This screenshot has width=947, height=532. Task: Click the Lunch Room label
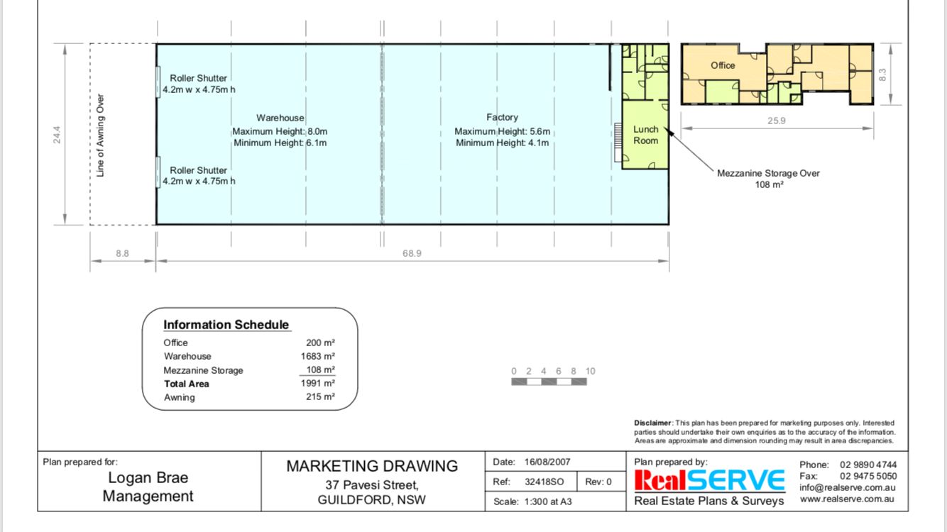645,135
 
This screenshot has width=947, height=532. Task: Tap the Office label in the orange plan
723,65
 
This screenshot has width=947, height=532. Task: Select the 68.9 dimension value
412,253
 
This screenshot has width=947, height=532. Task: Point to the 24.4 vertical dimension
57,135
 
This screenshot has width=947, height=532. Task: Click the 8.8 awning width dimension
122,253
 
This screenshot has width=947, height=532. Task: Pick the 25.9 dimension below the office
776,121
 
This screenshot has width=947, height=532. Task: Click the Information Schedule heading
226,325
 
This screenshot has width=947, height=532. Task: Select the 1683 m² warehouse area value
318,356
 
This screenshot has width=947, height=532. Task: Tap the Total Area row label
187,384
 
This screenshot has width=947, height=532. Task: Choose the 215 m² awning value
320,397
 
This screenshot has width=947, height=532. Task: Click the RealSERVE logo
709,480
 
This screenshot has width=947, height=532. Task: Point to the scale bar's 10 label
590,371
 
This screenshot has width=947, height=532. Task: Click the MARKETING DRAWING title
372,466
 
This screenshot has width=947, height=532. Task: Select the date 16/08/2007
547,462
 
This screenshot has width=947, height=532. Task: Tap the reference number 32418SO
544,482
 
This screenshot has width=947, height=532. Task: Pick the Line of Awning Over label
100,135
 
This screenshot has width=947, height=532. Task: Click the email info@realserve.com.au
847,487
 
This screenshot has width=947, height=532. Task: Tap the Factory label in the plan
502,117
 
